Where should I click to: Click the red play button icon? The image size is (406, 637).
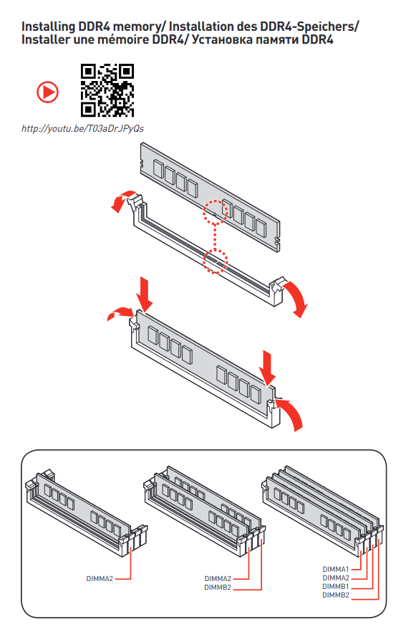click(47, 92)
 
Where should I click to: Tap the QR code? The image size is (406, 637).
click(107, 90)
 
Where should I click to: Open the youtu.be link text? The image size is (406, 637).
click(82, 129)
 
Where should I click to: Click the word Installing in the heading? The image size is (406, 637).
click(48, 27)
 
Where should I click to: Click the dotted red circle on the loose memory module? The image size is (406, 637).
click(216, 212)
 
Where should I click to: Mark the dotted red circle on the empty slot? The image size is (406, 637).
click(216, 262)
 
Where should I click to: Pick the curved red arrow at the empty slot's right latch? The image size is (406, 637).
click(299, 299)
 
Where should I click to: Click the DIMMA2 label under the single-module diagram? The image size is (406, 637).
click(100, 578)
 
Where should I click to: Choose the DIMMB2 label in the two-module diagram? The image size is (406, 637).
click(218, 588)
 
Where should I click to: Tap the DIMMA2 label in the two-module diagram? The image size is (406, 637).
click(218, 578)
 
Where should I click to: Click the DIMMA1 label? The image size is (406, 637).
click(336, 569)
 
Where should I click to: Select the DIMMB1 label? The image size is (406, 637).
click(336, 587)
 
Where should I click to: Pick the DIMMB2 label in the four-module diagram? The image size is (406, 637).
click(336, 595)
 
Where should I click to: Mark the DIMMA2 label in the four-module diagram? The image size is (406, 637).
click(336, 578)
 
